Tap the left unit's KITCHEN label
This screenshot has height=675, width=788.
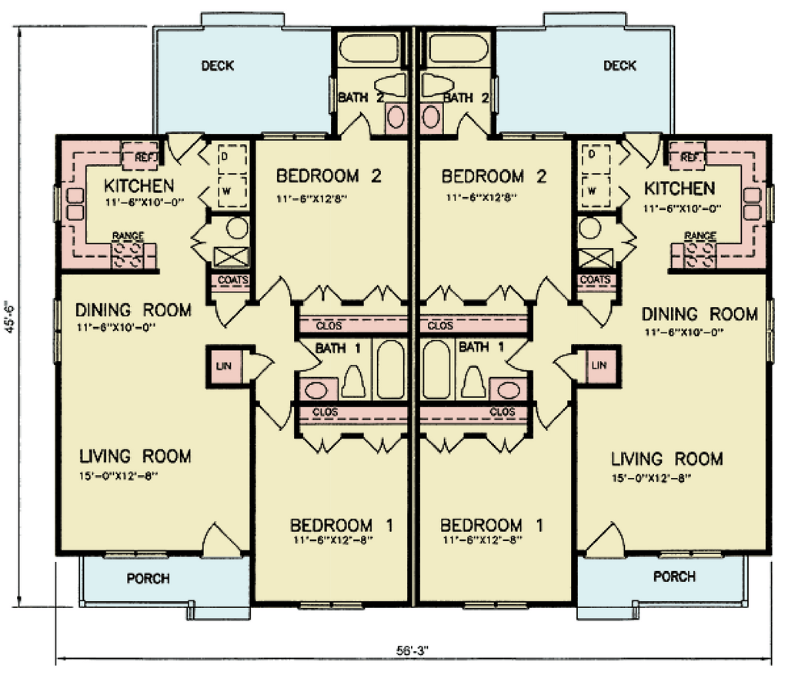click(139, 186)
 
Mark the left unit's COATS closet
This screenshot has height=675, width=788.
click(232, 280)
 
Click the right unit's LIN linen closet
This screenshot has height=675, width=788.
click(599, 364)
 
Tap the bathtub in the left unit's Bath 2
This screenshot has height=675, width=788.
click(369, 48)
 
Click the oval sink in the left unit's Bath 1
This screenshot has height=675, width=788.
click(316, 389)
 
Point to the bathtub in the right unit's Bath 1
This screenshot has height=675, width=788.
click(436, 369)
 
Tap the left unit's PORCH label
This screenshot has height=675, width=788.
click(148, 578)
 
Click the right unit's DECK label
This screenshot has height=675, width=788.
click(619, 65)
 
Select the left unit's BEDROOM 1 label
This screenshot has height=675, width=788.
click(342, 526)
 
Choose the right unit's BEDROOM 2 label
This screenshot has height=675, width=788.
click(493, 177)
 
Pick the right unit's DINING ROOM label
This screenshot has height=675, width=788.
click(700, 314)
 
